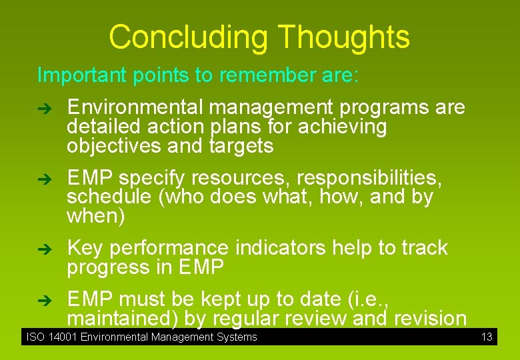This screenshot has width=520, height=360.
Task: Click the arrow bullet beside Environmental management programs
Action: (44, 108)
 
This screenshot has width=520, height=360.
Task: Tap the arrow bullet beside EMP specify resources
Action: (44, 179)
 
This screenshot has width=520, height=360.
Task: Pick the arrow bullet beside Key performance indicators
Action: (44, 249)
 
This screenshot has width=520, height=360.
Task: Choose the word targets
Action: (241, 146)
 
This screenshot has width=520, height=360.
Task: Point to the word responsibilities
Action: (369, 178)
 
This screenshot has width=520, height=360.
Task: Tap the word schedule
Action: (107, 197)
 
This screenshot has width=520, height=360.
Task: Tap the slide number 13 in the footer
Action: (487, 337)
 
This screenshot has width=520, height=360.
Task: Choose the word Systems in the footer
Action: (237, 337)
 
